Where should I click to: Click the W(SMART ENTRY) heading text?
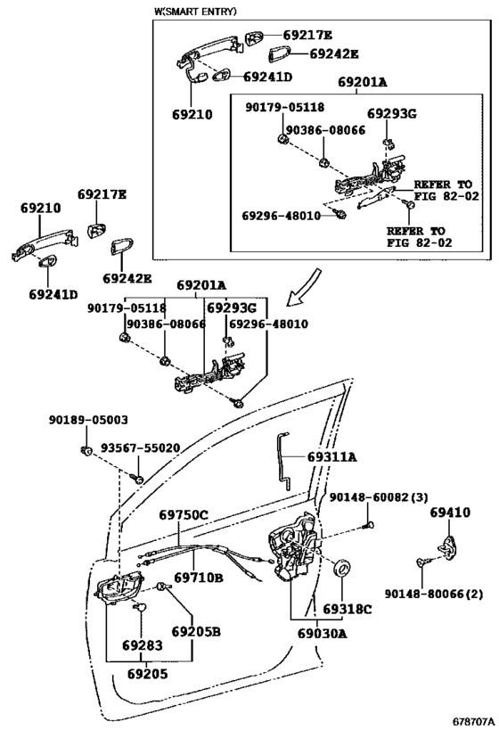[x=195, y=12]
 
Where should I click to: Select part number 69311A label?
[x=331, y=456]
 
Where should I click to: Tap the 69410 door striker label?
[x=450, y=513]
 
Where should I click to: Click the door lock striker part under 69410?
[x=449, y=548]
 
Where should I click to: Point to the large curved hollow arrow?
[x=304, y=287]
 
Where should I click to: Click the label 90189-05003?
[x=88, y=420]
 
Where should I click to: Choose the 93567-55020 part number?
[x=140, y=447]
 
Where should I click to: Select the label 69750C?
[x=184, y=515]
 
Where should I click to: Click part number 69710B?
[x=199, y=578]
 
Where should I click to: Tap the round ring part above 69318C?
[x=342, y=568]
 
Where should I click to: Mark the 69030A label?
[x=322, y=634]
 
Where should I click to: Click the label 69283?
[x=143, y=645]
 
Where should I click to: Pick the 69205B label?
[x=196, y=632]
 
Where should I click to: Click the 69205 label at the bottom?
[x=148, y=674]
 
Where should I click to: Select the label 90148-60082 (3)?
[x=379, y=497]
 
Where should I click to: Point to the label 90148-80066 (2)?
[x=433, y=594]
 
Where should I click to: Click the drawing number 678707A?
[x=473, y=722]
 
